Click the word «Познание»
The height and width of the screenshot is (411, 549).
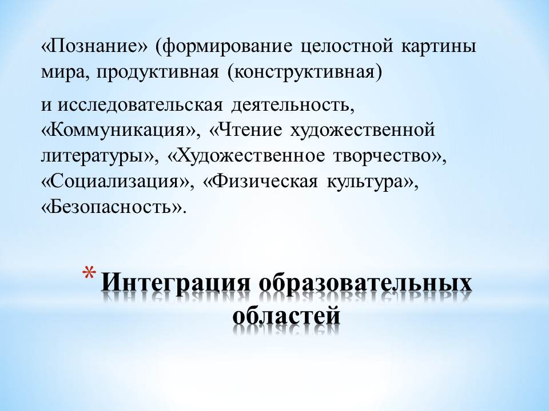95,46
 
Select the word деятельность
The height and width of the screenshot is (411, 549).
291,105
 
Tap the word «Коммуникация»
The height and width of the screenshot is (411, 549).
119,131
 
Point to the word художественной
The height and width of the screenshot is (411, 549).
363,131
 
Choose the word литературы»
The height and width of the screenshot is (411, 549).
97,156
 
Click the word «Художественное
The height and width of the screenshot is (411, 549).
246,156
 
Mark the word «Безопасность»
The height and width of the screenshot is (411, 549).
112,208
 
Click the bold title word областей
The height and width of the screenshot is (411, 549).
287,315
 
